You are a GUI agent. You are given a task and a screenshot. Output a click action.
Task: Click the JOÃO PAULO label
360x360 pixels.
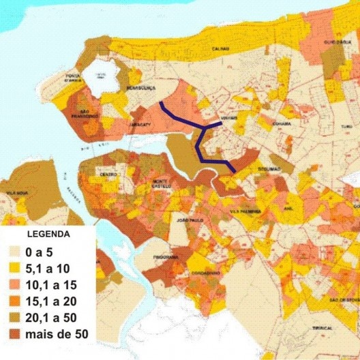pyautogui.click(x=190, y=221)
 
